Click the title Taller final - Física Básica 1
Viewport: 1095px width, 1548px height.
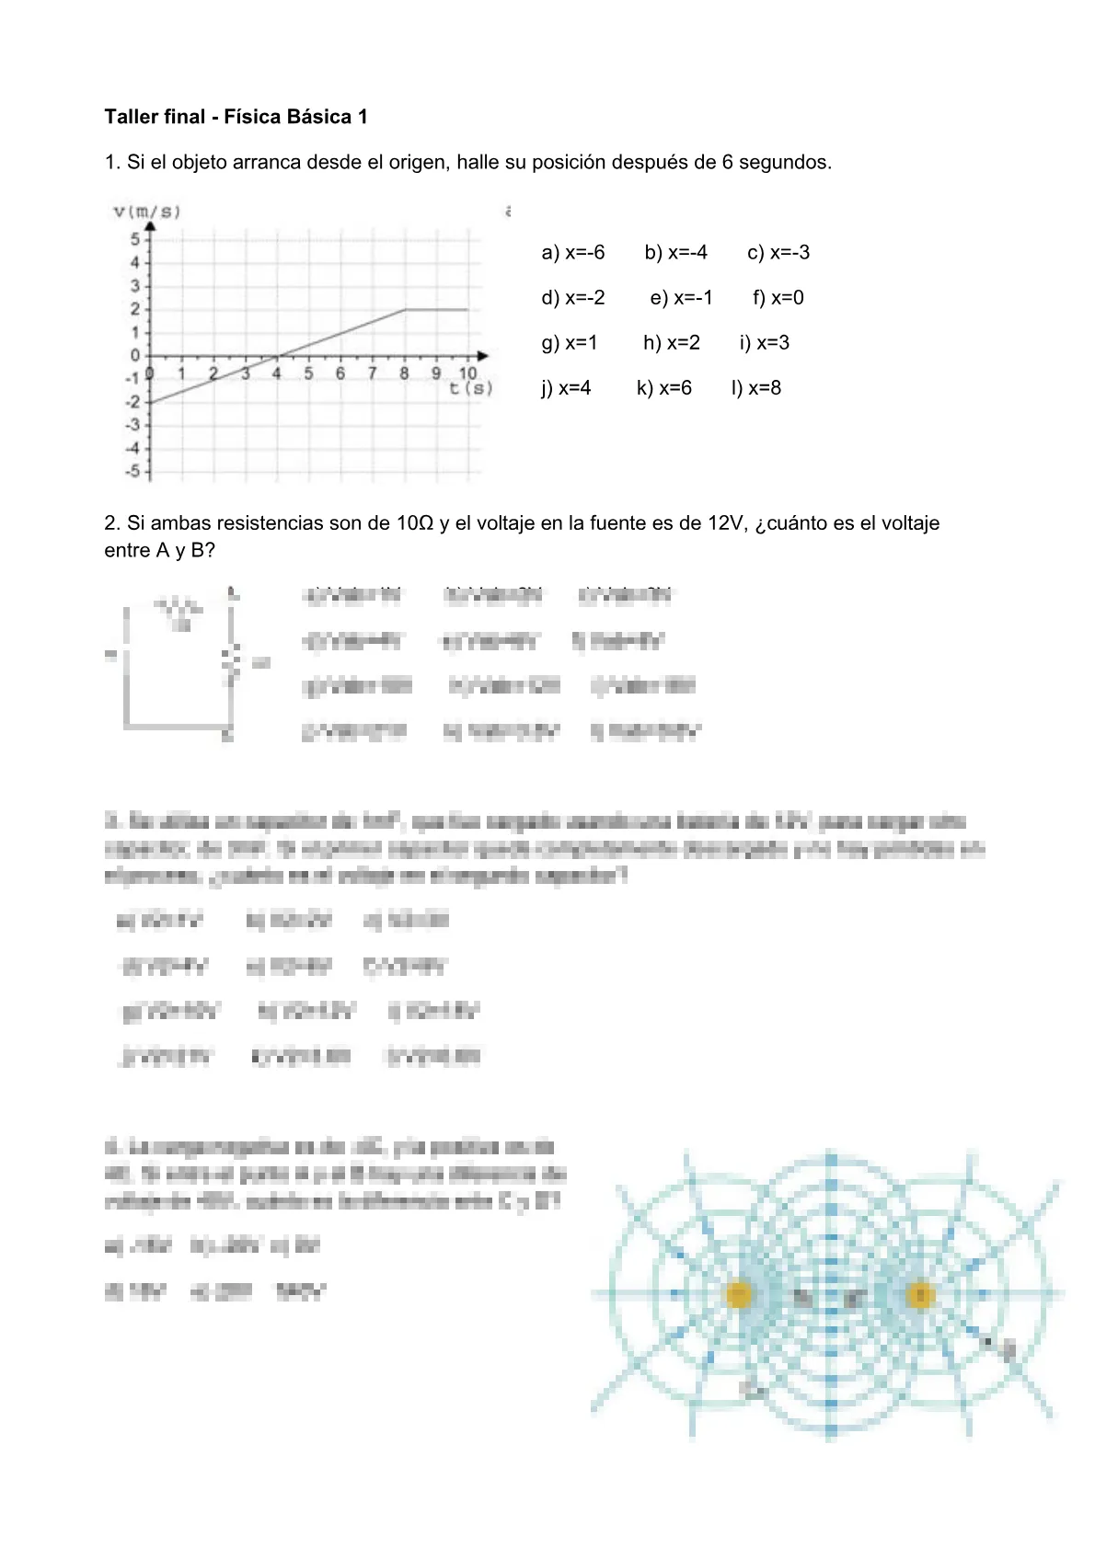coord(236,117)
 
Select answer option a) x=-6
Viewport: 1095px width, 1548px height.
coord(572,253)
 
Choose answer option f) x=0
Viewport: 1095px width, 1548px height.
coord(778,298)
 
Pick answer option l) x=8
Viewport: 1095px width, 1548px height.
coord(755,388)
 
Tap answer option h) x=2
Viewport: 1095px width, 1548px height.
coord(671,343)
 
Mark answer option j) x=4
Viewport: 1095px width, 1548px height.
coord(566,388)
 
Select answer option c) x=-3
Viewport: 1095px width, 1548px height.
coord(778,253)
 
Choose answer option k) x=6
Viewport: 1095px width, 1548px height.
coord(663,388)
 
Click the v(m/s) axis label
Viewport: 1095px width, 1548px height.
coord(147,212)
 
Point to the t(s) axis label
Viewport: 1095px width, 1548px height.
coord(471,388)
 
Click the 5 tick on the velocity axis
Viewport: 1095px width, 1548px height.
coord(134,239)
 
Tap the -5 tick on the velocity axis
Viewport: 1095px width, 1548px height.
coord(133,471)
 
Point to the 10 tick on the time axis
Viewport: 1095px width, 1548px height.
coord(467,373)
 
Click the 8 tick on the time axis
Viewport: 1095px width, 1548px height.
coord(404,373)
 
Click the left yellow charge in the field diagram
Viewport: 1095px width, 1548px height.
coord(739,1295)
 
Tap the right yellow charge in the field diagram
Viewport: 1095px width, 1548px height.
coord(919,1295)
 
